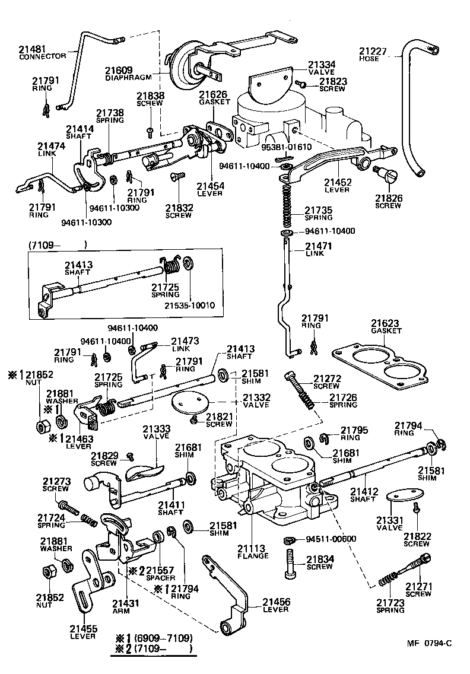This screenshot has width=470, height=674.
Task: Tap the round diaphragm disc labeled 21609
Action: (x=179, y=62)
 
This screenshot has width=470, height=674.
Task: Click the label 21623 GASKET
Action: (x=386, y=327)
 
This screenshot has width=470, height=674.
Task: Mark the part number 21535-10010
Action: (x=190, y=306)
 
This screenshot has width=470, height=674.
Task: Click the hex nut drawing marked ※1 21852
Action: (x=42, y=426)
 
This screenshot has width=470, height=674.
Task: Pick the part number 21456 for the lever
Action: (x=276, y=602)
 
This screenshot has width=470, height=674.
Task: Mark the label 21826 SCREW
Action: (x=388, y=202)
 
